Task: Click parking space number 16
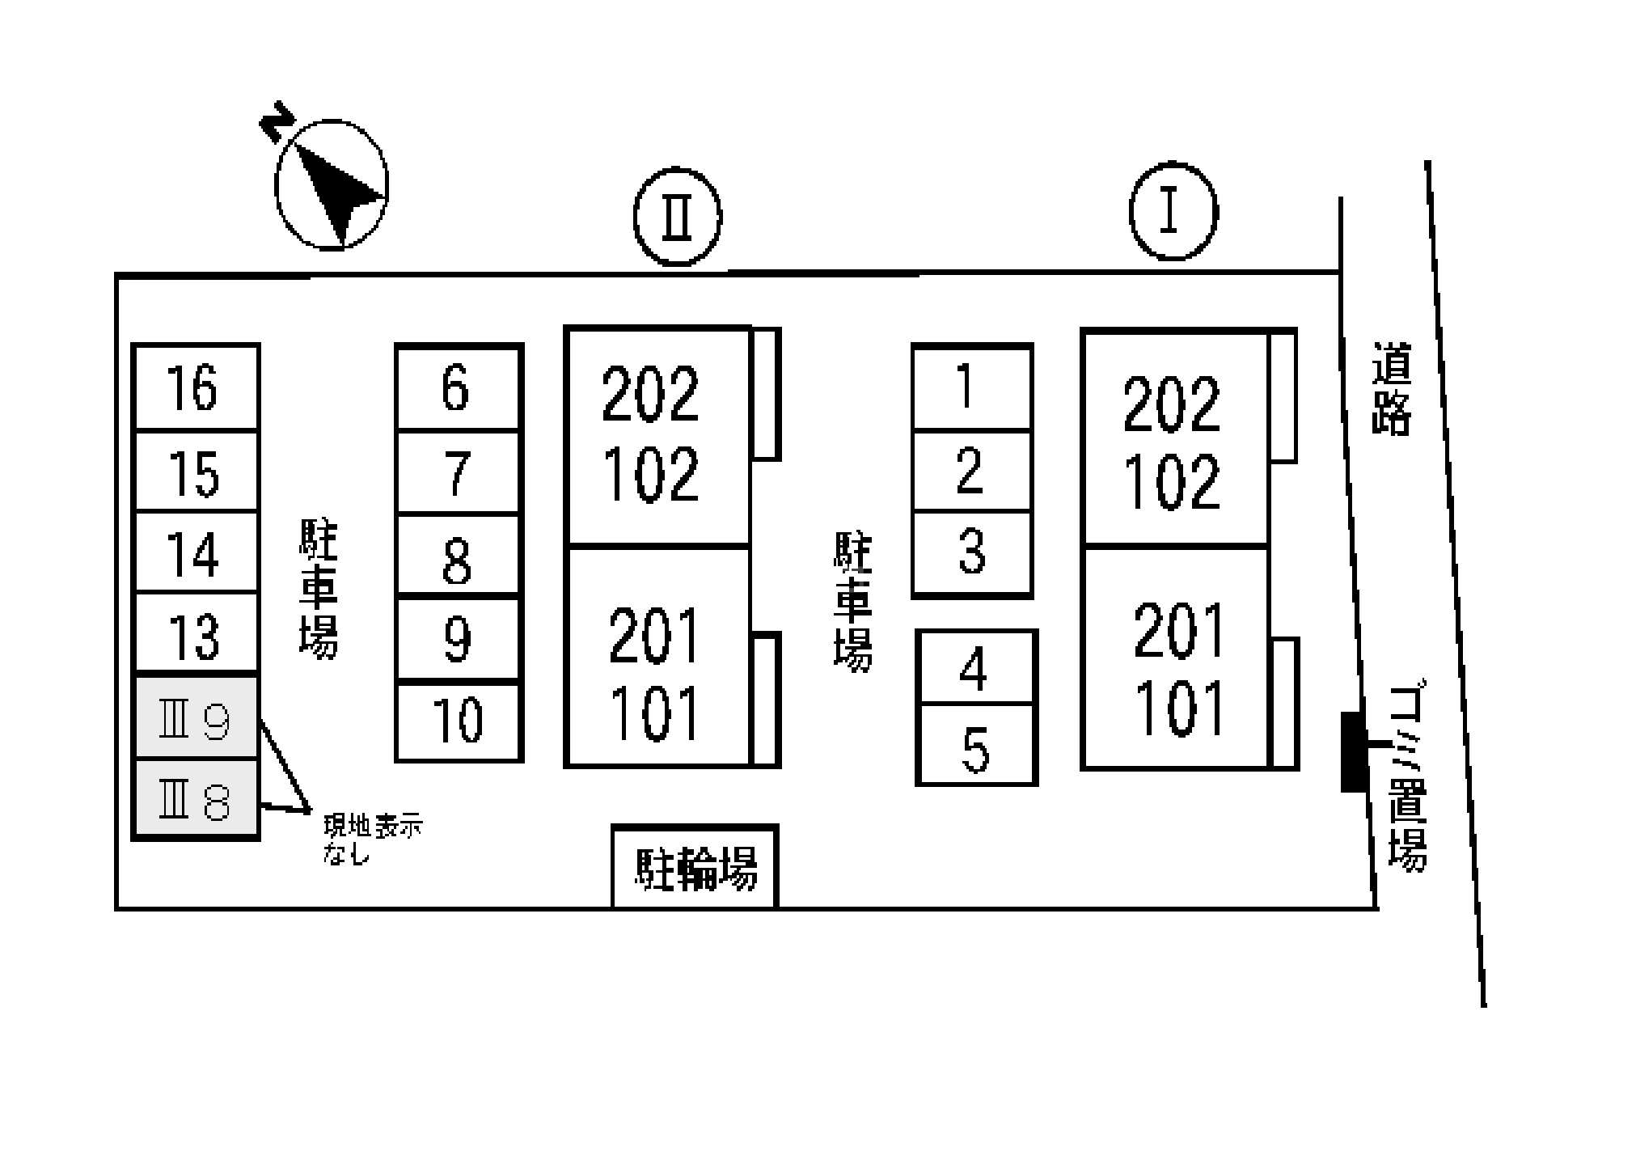tap(195, 387)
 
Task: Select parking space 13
tap(195, 632)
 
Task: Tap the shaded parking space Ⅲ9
tap(195, 717)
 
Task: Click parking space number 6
tap(459, 387)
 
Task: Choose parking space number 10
tap(459, 721)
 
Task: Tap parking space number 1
tap(972, 387)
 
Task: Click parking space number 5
tap(976, 744)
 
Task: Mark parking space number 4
tap(976, 667)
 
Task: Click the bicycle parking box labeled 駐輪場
tap(695, 866)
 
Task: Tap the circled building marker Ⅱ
tap(678, 217)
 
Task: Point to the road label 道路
tap(1391, 388)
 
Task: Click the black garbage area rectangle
tap(1354, 752)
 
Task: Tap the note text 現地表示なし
tap(373, 840)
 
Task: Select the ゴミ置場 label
tap(1408, 777)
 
